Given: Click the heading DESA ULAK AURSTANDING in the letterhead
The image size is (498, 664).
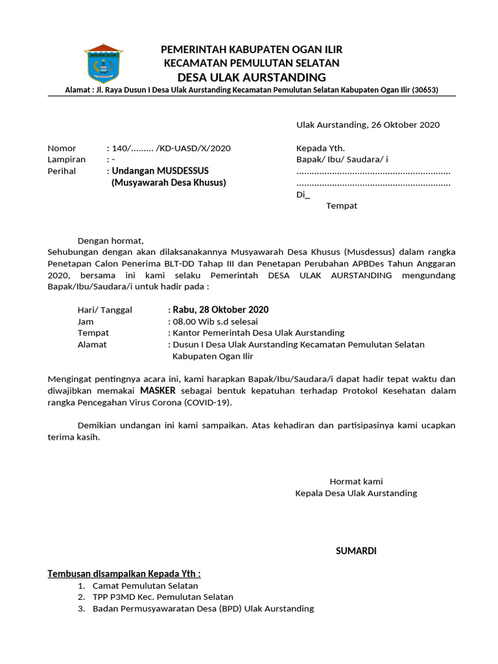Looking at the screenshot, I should [252, 77].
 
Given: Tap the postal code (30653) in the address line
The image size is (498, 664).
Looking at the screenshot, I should [424, 90].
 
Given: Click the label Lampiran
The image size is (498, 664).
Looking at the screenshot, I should [67, 160].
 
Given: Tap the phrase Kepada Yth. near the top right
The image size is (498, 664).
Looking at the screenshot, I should [320, 148].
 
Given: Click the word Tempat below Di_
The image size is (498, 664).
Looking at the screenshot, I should [341, 206].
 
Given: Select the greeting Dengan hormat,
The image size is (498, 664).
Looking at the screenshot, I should [110, 241].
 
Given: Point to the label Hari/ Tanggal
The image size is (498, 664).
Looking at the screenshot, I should [104, 310].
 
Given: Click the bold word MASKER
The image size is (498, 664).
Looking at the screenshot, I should [158, 391].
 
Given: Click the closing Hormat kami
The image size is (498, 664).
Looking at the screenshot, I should [356, 481].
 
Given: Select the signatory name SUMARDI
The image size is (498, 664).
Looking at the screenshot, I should [355, 551].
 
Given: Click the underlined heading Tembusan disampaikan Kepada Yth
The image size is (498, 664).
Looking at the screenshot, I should [124, 574].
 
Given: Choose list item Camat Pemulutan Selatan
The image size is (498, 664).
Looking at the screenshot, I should [145, 586].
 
